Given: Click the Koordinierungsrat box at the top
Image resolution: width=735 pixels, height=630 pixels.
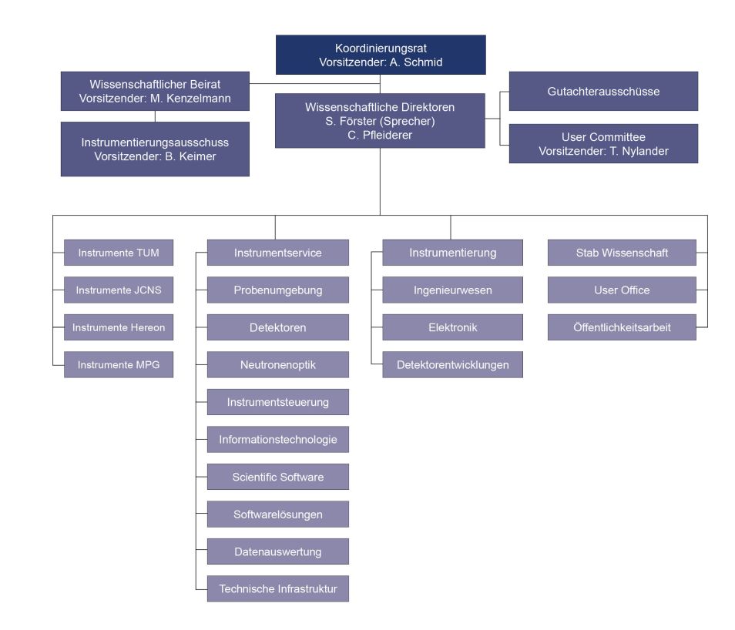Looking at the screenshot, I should (381, 55).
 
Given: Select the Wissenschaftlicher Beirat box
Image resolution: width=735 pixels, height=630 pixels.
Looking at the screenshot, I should (155, 91).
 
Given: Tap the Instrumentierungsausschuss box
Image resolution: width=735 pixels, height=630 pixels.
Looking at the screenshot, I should (155, 149).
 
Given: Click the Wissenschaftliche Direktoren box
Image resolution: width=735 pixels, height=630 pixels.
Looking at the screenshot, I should (381, 121).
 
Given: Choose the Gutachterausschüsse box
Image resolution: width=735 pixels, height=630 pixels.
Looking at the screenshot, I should (603, 91).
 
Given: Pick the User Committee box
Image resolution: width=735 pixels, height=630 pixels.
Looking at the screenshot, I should (603, 144).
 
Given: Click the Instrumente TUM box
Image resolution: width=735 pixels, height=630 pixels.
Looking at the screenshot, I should (119, 253).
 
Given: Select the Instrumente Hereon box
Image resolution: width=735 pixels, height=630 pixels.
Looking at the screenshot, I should (119, 327).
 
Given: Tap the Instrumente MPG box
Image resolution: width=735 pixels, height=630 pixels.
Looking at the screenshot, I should (119, 364).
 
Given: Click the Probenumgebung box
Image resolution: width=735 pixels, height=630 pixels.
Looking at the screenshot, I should (278, 290).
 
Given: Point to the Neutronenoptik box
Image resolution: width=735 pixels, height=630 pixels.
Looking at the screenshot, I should (278, 364).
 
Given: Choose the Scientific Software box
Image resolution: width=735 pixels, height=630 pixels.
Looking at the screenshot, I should (278, 477).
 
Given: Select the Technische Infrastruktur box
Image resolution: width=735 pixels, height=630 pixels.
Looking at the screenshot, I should (278, 589).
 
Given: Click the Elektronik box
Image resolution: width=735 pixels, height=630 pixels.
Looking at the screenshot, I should (452, 327).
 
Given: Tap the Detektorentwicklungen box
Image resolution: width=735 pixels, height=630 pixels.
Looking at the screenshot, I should (452, 364).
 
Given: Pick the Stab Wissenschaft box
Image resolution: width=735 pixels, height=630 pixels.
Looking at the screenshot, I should (622, 253).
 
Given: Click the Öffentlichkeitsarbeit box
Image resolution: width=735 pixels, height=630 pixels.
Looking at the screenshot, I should (622, 327).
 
